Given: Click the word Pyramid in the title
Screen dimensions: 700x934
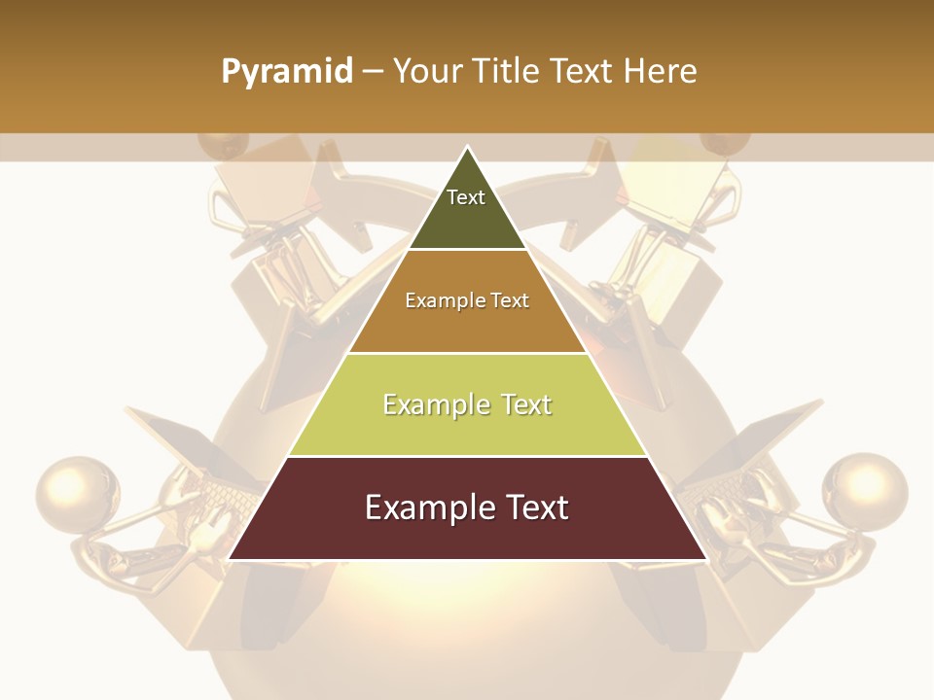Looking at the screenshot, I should (287, 72).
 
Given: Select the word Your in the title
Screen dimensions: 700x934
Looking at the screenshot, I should (429, 72).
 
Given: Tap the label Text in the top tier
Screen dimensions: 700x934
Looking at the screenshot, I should (466, 197).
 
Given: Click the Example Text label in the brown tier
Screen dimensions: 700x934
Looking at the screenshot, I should (467, 300).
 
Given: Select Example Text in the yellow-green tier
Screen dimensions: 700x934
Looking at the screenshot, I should (467, 404).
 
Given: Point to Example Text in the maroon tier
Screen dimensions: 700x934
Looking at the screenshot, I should (467, 507).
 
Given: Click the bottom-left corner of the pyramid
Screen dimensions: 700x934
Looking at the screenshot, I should (229, 559).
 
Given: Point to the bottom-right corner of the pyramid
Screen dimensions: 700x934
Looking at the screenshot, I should (706, 559).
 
